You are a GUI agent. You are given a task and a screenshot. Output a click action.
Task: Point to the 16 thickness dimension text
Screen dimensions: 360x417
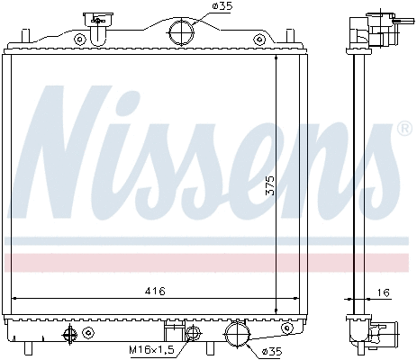(x=385, y=292)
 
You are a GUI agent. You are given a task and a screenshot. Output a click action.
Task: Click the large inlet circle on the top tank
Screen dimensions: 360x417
(x=181, y=32)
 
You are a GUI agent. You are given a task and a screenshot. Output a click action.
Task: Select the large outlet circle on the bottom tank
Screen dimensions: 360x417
(x=239, y=336)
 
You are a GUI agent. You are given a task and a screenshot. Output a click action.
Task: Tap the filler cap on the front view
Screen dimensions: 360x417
(x=94, y=19)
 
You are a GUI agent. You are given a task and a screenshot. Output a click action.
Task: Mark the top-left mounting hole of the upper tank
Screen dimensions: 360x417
(x=81, y=38)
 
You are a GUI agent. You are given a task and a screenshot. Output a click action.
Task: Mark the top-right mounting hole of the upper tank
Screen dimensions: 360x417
(x=260, y=38)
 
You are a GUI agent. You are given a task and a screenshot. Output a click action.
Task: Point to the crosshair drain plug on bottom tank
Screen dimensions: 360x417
(x=69, y=335)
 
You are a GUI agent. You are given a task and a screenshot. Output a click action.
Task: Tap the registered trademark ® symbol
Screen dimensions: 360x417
(x=404, y=130)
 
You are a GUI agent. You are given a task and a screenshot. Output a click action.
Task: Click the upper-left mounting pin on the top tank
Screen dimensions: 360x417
(x=26, y=35)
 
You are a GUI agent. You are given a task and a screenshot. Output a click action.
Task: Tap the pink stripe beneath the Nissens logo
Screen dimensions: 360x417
(x=208, y=262)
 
